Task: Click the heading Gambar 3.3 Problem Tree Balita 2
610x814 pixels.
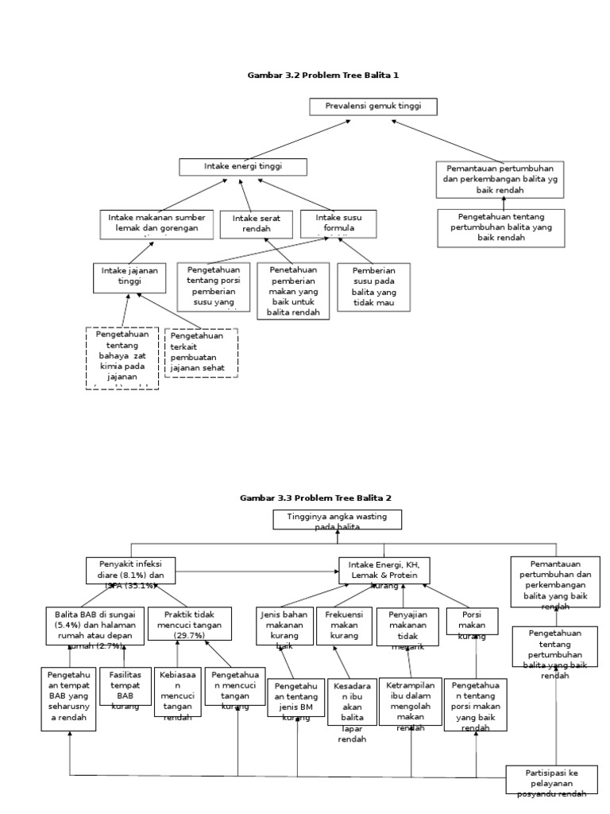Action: point(315,498)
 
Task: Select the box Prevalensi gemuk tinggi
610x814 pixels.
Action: point(373,107)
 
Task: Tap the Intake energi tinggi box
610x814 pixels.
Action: point(242,167)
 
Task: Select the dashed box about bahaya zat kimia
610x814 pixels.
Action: point(122,358)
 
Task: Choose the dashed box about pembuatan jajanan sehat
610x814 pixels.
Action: point(201,352)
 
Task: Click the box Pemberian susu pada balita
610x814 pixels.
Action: point(373,287)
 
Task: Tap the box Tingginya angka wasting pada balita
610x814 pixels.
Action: point(338,520)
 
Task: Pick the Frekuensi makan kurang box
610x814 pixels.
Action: point(343,625)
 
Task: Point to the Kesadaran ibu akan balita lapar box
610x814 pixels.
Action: point(352,709)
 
